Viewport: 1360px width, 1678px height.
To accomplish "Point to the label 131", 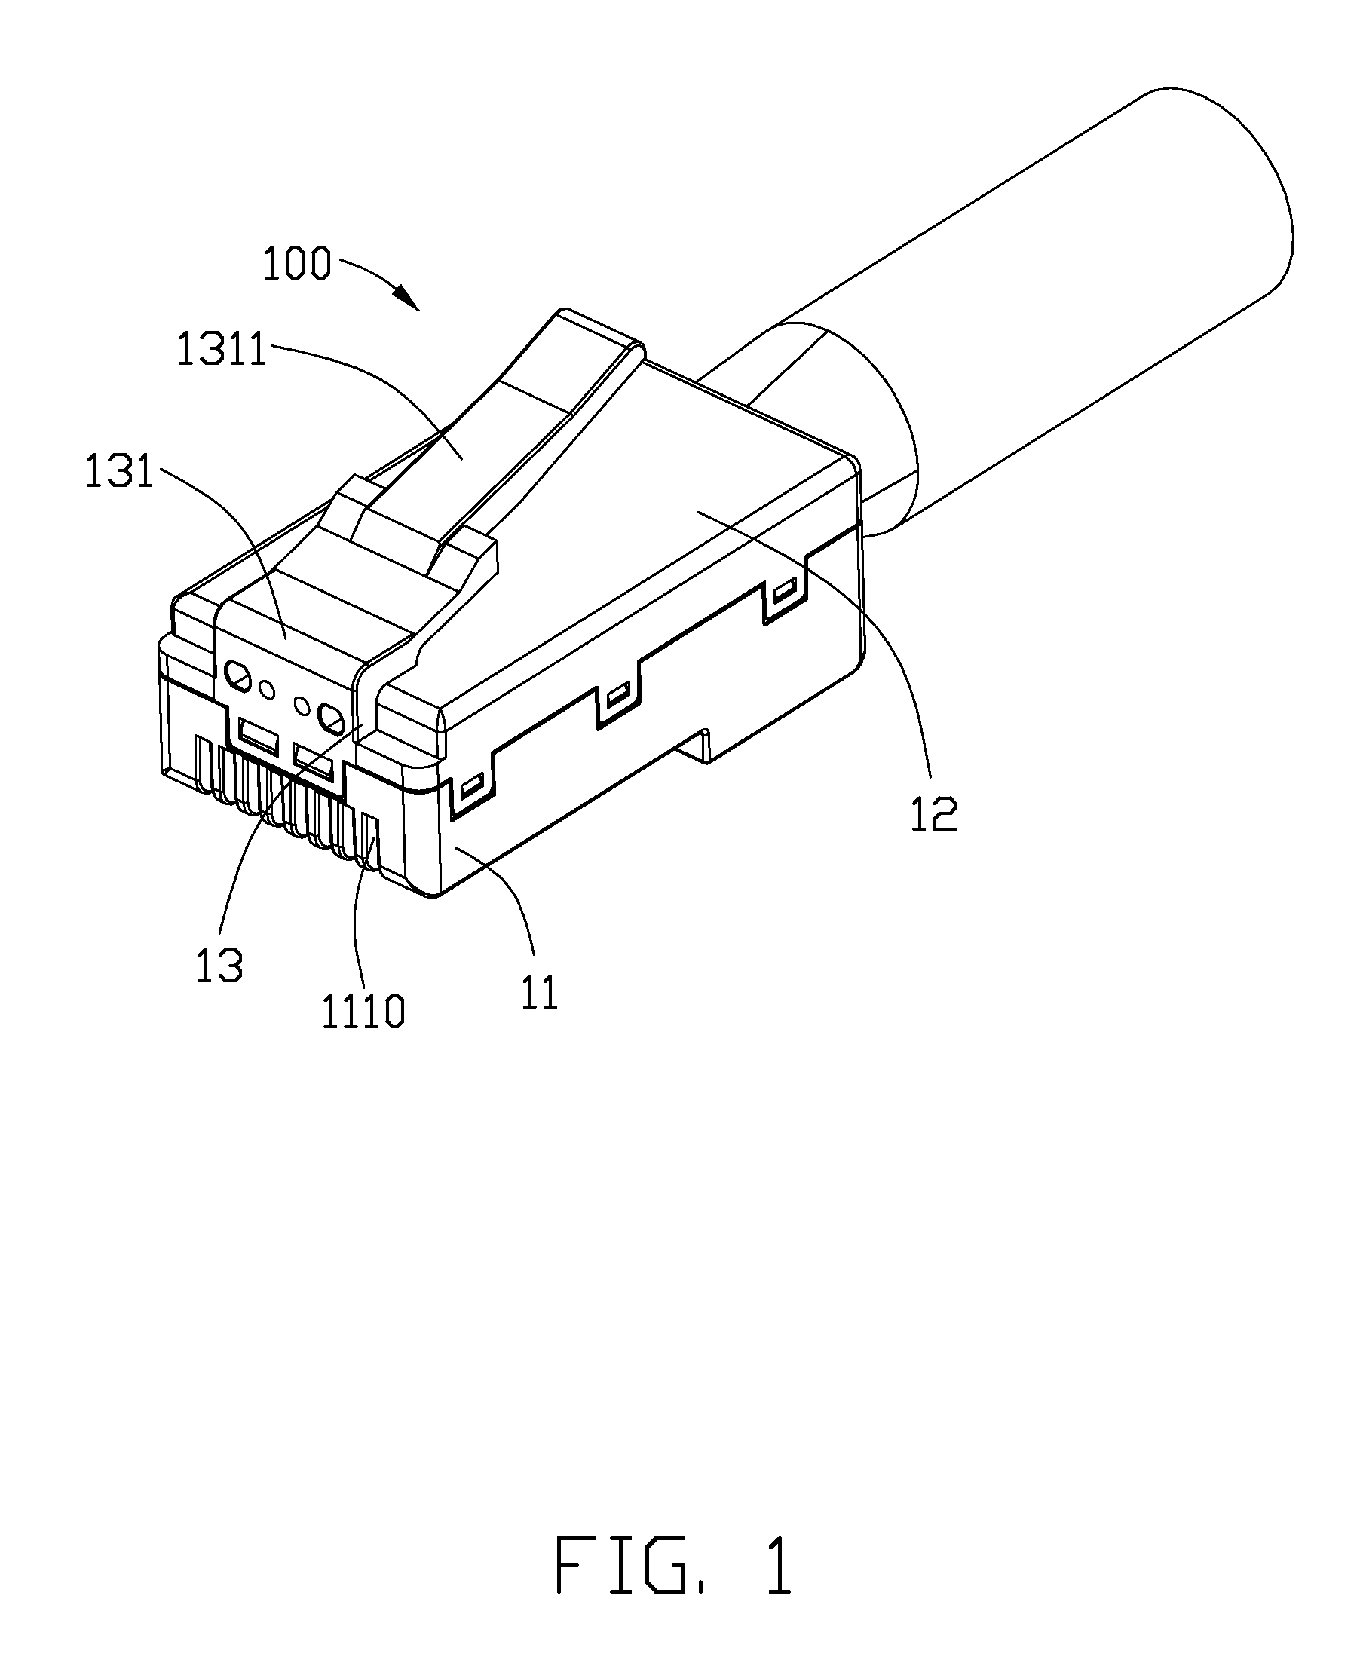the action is point(120,473).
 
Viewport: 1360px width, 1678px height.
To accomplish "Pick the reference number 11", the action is point(539,993).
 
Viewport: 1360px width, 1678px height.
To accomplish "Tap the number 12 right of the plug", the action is point(935,815).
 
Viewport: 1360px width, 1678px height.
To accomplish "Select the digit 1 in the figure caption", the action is point(778,1565).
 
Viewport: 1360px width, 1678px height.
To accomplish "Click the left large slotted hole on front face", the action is point(237,674).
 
